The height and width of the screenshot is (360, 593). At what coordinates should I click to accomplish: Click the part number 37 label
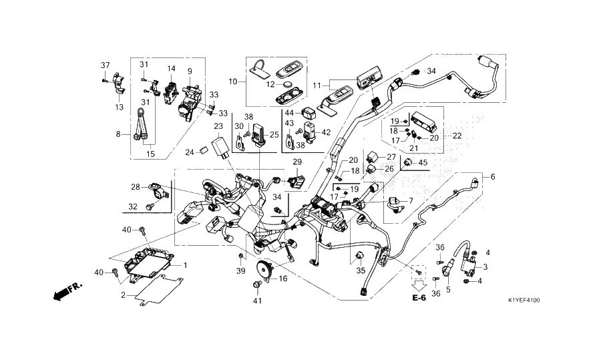tap(105, 65)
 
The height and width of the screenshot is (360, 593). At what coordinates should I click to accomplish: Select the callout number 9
tap(189, 71)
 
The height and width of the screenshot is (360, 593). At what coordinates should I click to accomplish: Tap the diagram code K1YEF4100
tap(524, 300)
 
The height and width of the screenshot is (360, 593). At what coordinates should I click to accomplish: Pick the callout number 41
tap(256, 301)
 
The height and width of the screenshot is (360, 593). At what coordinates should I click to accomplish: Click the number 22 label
tap(457, 136)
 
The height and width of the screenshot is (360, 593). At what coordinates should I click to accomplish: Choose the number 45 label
tap(423, 163)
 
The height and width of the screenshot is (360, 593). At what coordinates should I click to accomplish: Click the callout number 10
tap(233, 81)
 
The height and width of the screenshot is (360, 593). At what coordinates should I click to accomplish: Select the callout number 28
tap(135, 186)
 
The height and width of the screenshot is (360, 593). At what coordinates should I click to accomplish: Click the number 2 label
tap(122, 295)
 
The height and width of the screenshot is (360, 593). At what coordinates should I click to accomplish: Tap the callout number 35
tap(361, 271)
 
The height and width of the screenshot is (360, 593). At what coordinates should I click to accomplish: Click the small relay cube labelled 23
tap(218, 146)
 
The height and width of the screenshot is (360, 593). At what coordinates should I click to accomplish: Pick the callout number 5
tap(448, 289)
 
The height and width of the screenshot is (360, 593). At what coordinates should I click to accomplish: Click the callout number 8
tap(118, 134)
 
